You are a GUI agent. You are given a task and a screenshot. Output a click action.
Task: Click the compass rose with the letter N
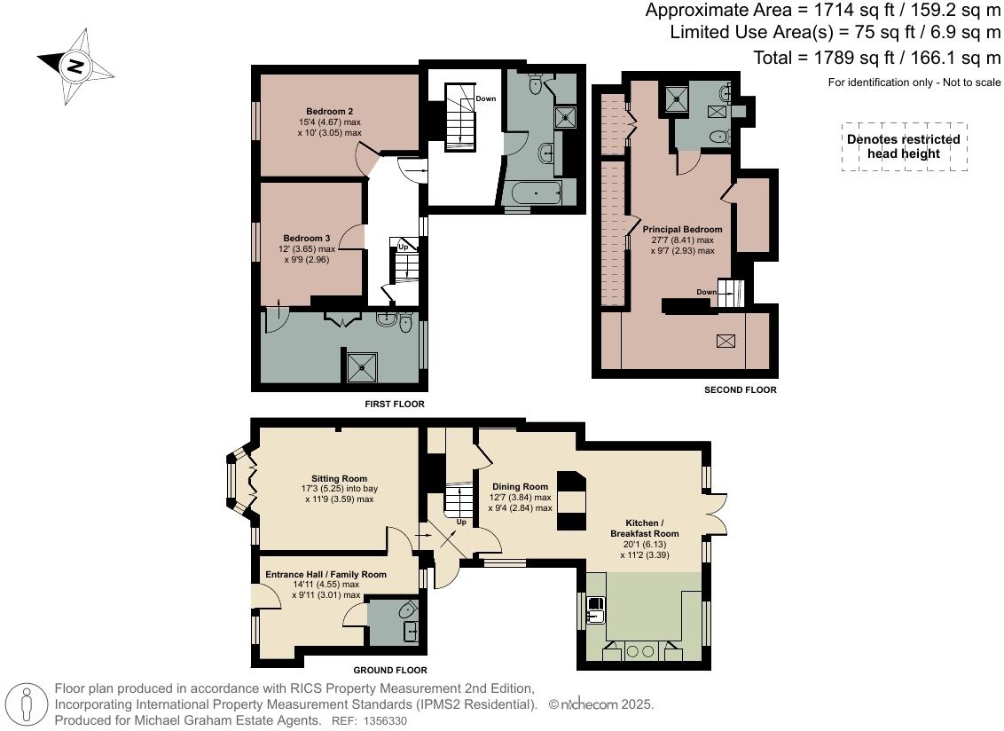click(76, 66)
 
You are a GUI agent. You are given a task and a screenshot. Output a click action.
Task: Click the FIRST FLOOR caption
click(395, 404)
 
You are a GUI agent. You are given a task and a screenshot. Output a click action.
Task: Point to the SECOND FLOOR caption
click(740, 389)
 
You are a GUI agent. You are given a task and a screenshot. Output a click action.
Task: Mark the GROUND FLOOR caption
click(390, 670)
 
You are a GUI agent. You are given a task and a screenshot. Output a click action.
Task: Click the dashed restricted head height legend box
click(903, 146)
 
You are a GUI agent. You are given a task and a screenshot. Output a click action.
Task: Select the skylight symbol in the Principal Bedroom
click(726, 341)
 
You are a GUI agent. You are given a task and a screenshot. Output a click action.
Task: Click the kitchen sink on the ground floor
click(597, 609)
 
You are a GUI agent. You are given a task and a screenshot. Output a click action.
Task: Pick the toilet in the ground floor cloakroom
click(407, 610)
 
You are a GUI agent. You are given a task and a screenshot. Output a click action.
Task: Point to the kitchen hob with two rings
click(635, 650)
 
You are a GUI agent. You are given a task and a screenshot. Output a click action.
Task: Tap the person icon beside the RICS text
click(28, 704)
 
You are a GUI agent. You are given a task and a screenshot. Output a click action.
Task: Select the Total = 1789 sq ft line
click(877, 58)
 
